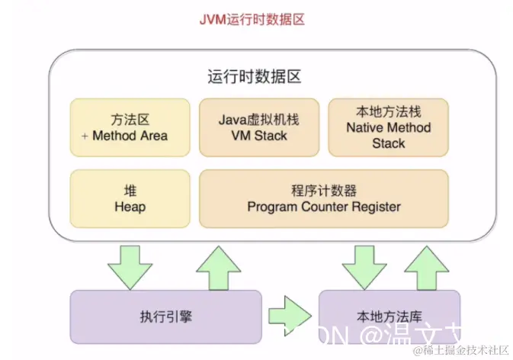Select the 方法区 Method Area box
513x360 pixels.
pyautogui.click(x=130, y=127)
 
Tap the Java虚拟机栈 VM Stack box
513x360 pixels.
pyautogui.click(x=258, y=127)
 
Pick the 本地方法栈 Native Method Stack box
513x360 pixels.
pyautogui.click(x=388, y=127)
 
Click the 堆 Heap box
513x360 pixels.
pyautogui.click(x=130, y=198)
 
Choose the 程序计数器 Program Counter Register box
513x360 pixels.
pyautogui.click(x=324, y=198)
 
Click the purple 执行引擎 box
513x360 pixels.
pyautogui.click(x=165, y=317)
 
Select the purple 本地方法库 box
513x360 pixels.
pyautogui.click(x=389, y=317)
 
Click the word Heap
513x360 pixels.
pyautogui.click(x=130, y=207)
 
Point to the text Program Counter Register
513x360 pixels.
pyautogui.click(x=324, y=207)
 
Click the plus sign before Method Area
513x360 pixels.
pyautogui.click(x=84, y=136)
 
